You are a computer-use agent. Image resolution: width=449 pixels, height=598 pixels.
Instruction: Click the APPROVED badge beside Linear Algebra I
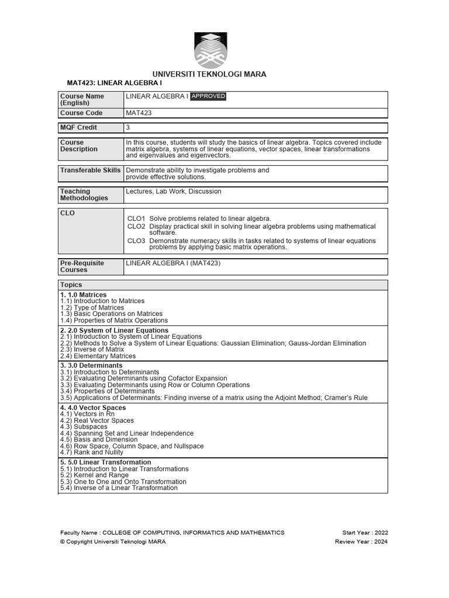[208, 96]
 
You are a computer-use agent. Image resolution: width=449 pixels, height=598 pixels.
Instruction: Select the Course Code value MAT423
[139, 113]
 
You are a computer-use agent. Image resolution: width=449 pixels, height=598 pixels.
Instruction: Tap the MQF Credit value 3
[128, 127]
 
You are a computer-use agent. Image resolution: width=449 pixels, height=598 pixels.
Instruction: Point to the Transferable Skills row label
[90, 171]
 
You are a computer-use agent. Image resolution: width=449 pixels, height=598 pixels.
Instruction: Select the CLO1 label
[136, 218]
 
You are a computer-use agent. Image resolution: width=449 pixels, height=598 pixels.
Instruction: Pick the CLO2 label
[136, 226]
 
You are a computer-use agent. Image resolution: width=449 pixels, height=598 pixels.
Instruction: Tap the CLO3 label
[136, 241]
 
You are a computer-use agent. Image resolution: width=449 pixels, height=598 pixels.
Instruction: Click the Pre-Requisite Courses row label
[82, 266]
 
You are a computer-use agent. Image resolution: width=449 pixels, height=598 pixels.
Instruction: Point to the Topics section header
[71, 285]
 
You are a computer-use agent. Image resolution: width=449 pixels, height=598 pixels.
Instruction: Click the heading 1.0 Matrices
[84, 295]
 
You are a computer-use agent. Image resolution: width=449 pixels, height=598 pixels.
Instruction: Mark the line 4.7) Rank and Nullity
[92, 453]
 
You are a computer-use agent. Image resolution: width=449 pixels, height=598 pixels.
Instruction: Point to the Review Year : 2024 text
[361, 541]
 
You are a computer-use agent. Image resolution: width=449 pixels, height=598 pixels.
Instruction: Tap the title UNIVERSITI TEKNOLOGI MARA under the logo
[209, 74]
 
